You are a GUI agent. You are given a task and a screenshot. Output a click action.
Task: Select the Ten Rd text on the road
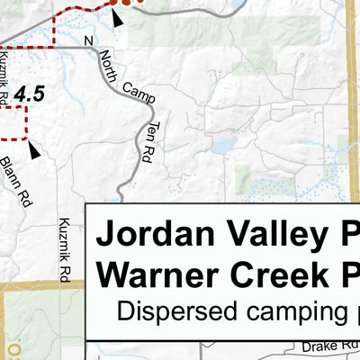[x=148, y=143]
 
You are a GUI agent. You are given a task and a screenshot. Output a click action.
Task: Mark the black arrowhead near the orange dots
[x=119, y=17]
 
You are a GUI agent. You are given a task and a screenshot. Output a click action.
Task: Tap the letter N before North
[x=87, y=41]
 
